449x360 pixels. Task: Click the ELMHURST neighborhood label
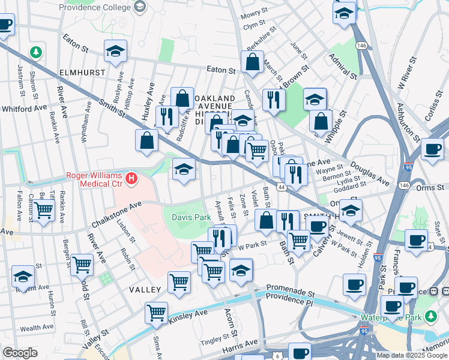[83, 72]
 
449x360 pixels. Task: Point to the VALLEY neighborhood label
[144, 290]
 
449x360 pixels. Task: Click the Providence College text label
[95, 7]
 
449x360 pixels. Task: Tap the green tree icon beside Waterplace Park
[430, 316]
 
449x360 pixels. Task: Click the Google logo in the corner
[19, 353]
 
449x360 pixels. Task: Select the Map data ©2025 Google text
[411, 355]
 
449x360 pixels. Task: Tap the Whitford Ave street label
[24, 108]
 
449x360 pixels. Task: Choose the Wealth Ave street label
[37, 328]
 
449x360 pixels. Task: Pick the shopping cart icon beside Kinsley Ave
[157, 312]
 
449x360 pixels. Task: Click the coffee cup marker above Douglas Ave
[432, 148]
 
